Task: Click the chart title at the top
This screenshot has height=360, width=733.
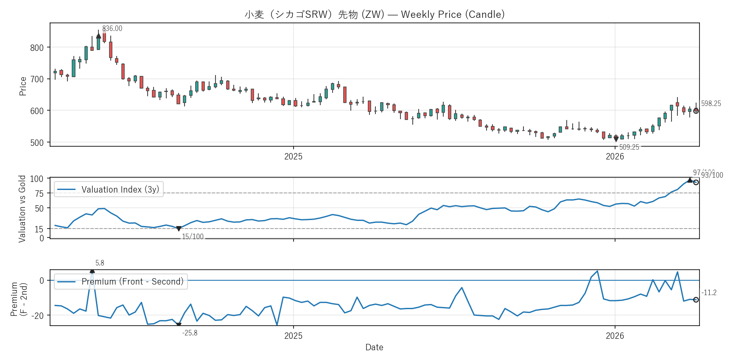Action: pyautogui.click(x=375, y=14)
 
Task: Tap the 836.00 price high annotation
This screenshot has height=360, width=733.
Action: pyautogui.click(x=112, y=28)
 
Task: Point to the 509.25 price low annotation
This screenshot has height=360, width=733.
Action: pyautogui.click(x=629, y=147)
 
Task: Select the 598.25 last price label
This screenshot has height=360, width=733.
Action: pyautogui.click(x=711, y=103)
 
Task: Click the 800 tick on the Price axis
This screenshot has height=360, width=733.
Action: pyautogui.click(x=37, y=47)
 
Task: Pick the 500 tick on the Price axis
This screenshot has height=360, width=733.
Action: pyautogui.click(x=37, y=142)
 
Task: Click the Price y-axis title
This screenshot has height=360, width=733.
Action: pyautogui.click(x=23, y=86)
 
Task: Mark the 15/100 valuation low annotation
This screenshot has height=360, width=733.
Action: pyautogui.click(x=193, y=237)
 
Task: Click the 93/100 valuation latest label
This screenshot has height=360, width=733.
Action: pyautogui.click(x=712, y=175)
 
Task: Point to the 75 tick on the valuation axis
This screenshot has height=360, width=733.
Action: pyautogui.click(x=39, y=193)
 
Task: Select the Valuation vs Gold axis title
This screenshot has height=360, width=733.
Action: pyautogui.click(x=22, y=209)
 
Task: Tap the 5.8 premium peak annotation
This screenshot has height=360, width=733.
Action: pyautogui.click(x=100, y=263)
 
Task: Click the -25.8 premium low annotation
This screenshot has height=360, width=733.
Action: pyautogui.click(x=190, y=333)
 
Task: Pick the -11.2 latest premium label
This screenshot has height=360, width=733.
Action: pyautogui.click(x=709, y=293)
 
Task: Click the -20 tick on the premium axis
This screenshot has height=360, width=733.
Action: pyautogui.click(x=39, y=315)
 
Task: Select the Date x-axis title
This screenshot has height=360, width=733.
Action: pyautogui.click(x=374, y=347)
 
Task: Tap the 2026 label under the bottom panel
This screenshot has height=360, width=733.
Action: pyautogui.click(x=615, y=336)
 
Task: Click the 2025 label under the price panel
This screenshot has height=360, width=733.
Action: pyautogui.click(x=293, y=156)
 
